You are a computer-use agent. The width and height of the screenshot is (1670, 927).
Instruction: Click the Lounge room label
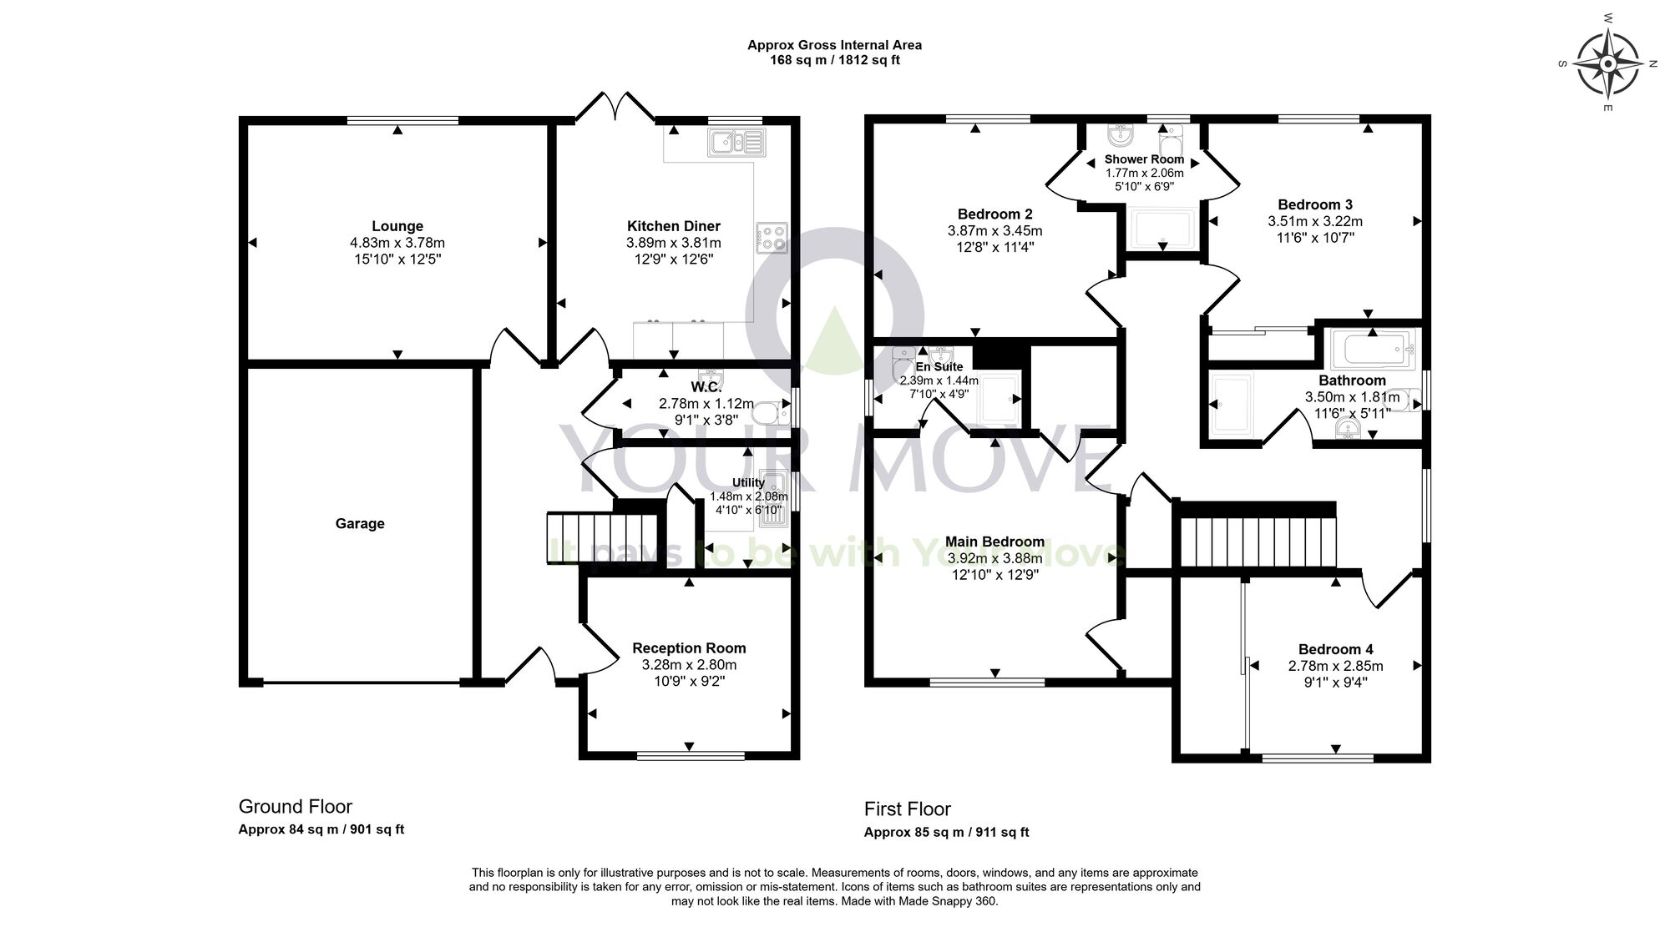click(x=397, y=226)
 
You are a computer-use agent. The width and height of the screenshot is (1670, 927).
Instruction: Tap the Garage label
click(x=360, y=524)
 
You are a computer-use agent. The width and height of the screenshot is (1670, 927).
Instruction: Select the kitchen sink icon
click(x=736, y=143)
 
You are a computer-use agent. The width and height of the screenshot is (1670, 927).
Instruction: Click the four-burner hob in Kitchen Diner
click(x=772, y=238)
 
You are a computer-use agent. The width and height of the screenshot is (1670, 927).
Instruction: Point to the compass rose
click(x=1607, y=63)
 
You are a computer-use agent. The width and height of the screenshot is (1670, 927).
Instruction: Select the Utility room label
click(x=748, y=482)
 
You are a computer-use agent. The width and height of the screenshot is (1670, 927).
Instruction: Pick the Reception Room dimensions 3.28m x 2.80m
click(x=689, y=665)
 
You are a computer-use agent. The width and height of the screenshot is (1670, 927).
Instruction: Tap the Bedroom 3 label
click(x=1315, y=204)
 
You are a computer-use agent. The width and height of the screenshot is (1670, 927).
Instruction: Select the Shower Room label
click(x=1144, y=159)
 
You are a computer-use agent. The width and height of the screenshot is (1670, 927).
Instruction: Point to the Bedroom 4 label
click(x=1335, y=649)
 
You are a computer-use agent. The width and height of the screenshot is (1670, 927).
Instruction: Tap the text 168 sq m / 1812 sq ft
click(x=834, y=60)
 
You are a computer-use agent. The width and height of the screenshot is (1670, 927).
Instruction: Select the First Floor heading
click(x=907, y=809)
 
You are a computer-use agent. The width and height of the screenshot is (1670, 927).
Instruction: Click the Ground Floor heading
click(x=295, y=806)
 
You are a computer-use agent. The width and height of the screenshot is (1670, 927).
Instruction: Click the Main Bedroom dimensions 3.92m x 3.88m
click(x=994, y=558)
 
